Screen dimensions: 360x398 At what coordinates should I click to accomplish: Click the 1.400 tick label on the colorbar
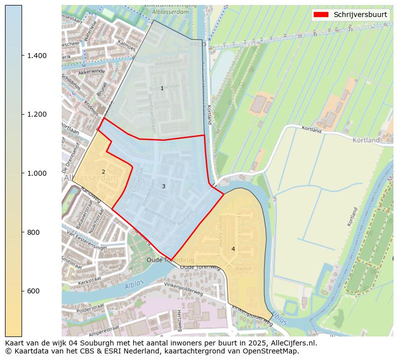point(38,56)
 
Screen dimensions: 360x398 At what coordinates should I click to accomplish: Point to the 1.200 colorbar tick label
point(38,114)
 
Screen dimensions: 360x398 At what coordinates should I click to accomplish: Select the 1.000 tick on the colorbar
point(38,173)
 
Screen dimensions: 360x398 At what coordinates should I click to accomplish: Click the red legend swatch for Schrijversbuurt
point(321,15)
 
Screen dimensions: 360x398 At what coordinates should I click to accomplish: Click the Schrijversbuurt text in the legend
point(360,15)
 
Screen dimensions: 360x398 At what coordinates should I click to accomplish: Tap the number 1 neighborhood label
point(162,89)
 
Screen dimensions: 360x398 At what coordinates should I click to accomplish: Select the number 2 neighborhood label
point(103,172)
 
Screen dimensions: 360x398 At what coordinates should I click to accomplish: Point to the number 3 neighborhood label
point(163,187)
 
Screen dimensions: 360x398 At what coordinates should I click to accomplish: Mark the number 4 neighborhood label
point(233,249)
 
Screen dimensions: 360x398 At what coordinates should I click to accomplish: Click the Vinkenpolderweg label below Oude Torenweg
point(183,288)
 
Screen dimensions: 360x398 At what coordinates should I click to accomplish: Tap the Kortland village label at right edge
point(366,140)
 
